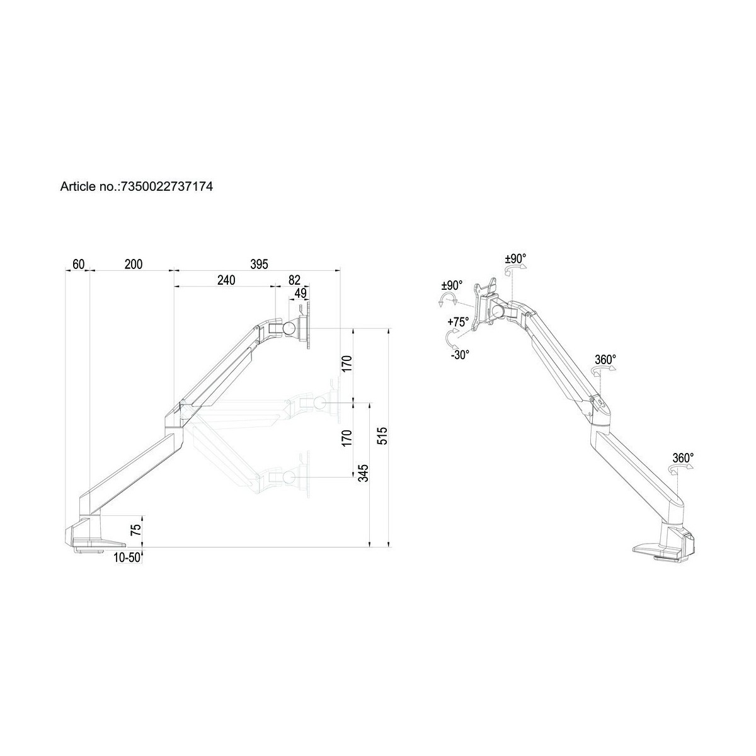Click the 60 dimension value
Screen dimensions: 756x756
[78, 264]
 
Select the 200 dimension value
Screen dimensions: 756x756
[133, 264]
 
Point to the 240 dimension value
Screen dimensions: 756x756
[226, 280]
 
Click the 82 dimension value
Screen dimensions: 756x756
[295, 280]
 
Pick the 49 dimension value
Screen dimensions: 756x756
[301, 293]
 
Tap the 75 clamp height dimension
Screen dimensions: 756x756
[135, 529]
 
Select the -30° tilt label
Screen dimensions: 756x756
[460, 355]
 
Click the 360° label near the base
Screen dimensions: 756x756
[683, 458]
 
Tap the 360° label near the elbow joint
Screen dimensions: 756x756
[605, 360]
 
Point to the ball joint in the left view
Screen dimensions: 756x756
[291, 328]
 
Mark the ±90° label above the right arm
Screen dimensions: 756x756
[515, 258]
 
